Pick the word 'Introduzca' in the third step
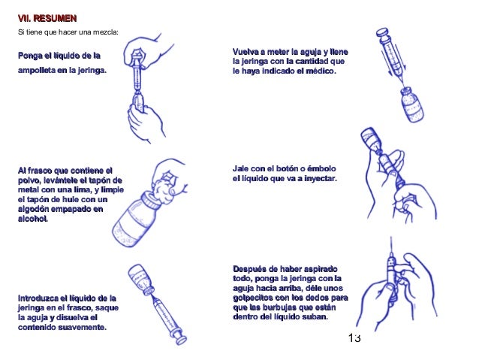click(40, 298)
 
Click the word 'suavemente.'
click(82, 328)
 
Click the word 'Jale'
click(242, 168)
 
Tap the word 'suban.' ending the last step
click(314, 317)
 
